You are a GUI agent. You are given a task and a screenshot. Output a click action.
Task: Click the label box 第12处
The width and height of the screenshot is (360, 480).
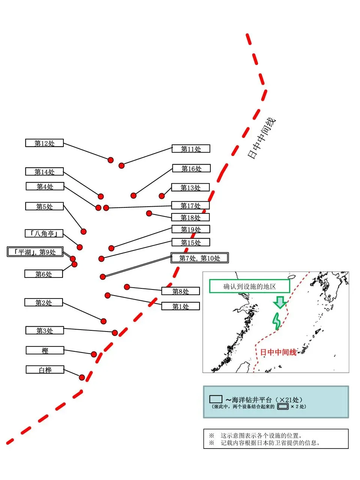[x=44, y=143]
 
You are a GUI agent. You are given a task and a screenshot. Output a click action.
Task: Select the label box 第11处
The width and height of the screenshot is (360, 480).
[x=190, y=148]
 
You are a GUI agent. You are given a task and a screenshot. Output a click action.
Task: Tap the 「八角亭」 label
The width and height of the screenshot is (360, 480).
[x=44, y=233]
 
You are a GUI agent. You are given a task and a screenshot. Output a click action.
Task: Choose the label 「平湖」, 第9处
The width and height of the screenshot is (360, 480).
[x=35, y=252]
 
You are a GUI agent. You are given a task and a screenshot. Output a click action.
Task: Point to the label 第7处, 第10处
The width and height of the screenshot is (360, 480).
[x=199, y=258]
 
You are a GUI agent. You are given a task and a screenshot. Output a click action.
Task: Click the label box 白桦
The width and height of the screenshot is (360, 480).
[x=45, y=369]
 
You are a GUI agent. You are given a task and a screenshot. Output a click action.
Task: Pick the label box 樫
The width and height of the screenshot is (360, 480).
[x=45, y=350]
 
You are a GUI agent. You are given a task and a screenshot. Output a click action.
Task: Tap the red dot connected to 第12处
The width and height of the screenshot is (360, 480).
[x=111, y=160]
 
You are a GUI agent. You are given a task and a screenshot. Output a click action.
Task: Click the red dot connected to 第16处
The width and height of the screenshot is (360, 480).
[x=133, y=195]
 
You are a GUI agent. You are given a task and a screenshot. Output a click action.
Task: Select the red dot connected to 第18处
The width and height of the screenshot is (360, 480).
[x=149, y=213]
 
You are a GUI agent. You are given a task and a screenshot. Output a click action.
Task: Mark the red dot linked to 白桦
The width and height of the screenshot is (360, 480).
[x=82, y=377]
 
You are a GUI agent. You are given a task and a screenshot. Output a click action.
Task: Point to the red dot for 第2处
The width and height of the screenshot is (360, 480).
[x=103, y=321]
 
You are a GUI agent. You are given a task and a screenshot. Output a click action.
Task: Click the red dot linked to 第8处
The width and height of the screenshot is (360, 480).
[x=127, y=287]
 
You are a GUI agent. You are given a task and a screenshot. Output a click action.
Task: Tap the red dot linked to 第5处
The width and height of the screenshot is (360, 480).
[x=84, y=232]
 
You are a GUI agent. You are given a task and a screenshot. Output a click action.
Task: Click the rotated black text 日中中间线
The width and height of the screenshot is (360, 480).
[x=262, y=138]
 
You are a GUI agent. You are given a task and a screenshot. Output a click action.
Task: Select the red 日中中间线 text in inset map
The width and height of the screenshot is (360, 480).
[x=278, y=352]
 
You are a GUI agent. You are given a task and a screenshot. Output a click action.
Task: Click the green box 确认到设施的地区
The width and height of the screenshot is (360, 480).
[x=249, y=286]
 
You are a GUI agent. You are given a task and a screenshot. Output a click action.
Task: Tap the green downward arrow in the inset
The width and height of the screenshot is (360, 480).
[x=279, y=302]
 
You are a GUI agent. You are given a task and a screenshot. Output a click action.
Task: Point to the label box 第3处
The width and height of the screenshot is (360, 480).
[x=45, y=330]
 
